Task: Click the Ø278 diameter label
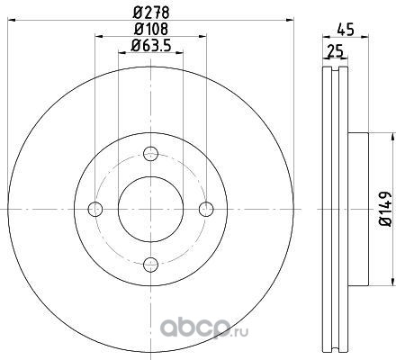(151, 13)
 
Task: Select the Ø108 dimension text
(151, 29)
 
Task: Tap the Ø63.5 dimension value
(150, 46)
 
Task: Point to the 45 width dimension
(346, 30)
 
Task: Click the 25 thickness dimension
(335, 51)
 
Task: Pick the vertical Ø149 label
(385, 209)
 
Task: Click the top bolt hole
(150, 154)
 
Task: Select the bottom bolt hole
(150, 265)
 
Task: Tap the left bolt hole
(95, 209)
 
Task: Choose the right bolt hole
(206, 209)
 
